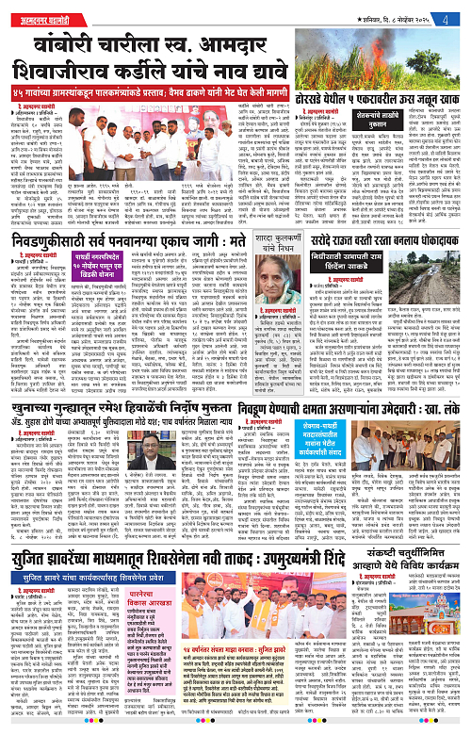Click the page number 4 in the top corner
pyautogui.click(x=457, y=8)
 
